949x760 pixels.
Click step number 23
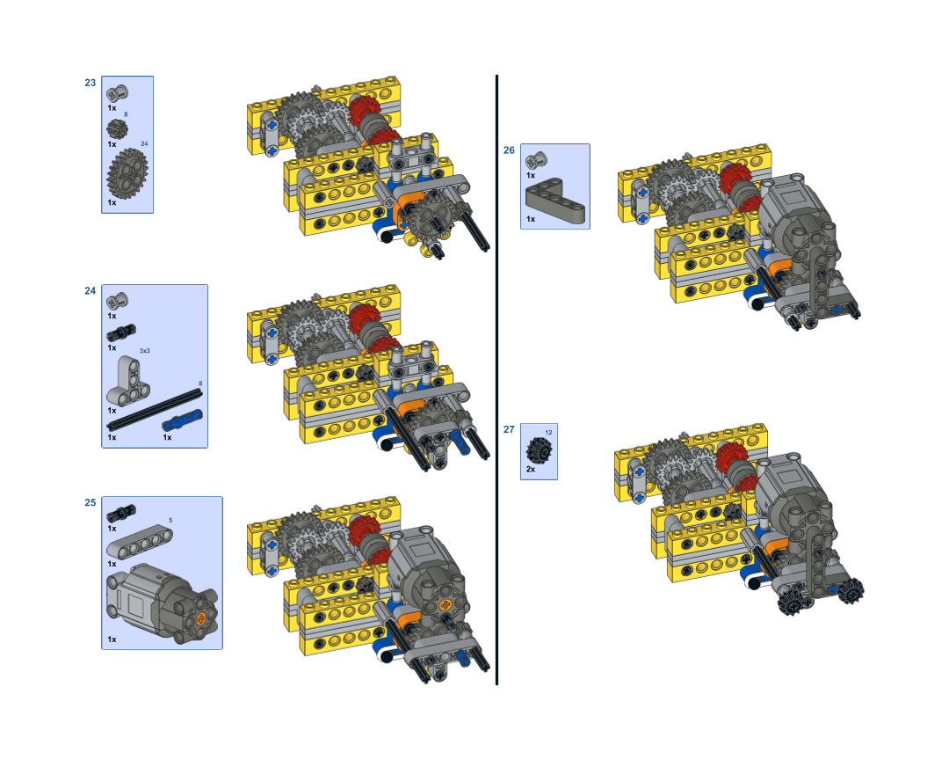click(91, 83)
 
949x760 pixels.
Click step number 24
click(91, 291)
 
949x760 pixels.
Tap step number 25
click(91, 502)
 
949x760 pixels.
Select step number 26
click(509, 150)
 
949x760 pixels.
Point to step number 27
click(509, 429)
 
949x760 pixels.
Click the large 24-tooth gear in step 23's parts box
click(127, 174)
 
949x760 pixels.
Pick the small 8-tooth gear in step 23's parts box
click(117, 128)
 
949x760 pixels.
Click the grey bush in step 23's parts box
click(117, 93)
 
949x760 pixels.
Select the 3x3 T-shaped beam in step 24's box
click(127, 381)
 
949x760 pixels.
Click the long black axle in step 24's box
click(155, 410)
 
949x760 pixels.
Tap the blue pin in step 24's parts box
click(183, 420)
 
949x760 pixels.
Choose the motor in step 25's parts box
click(162, 603)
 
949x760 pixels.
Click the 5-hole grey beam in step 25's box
click(139, 542)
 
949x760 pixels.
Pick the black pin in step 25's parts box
click(121, 513)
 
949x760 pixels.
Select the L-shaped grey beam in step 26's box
click(555, 200)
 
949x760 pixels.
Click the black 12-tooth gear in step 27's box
click(540, 451)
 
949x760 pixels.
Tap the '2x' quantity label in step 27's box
click(531, 469)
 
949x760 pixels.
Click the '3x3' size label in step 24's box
click(145, 351)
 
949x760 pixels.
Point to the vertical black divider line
click(496, 380)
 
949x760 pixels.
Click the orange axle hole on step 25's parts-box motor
click(201, 617)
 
